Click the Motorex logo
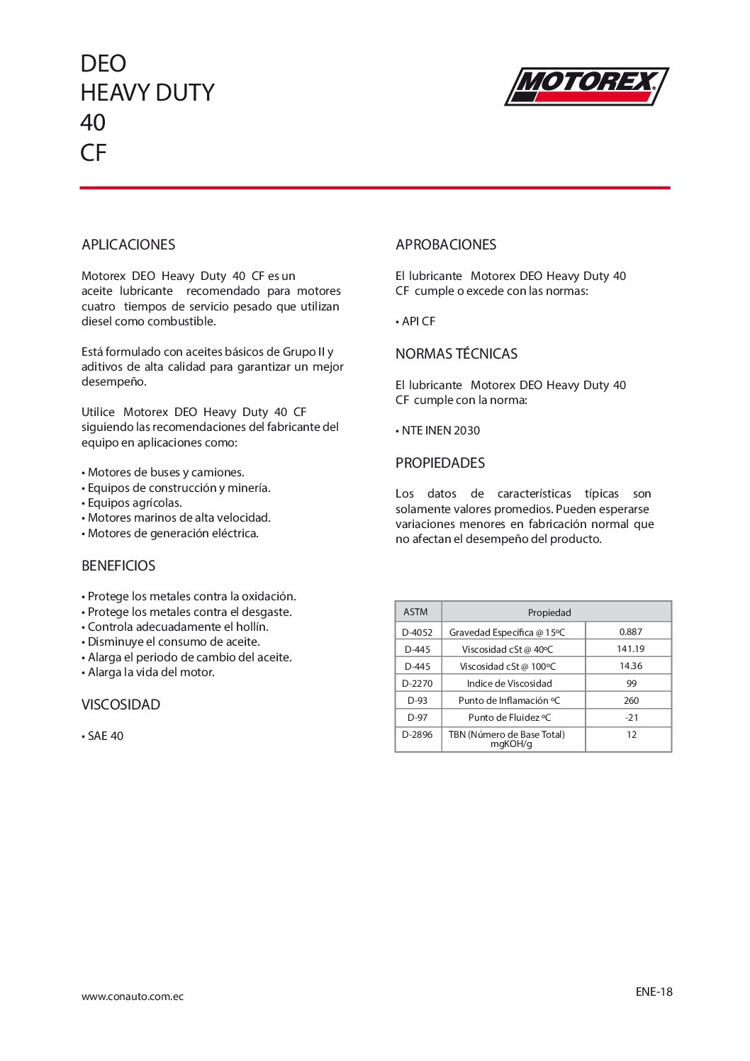586,86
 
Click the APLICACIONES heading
128,245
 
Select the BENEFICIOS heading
118,566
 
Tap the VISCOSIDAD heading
121,704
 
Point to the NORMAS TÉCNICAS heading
457,354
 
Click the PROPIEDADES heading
440,463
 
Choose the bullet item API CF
418,321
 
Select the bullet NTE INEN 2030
440,430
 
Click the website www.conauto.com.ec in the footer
133,997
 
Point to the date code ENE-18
654,992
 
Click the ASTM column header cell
416,612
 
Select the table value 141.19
630,649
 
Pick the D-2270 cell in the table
417,683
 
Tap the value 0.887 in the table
630,631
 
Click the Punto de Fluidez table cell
509,717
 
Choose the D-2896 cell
417,734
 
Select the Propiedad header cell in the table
549,612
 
